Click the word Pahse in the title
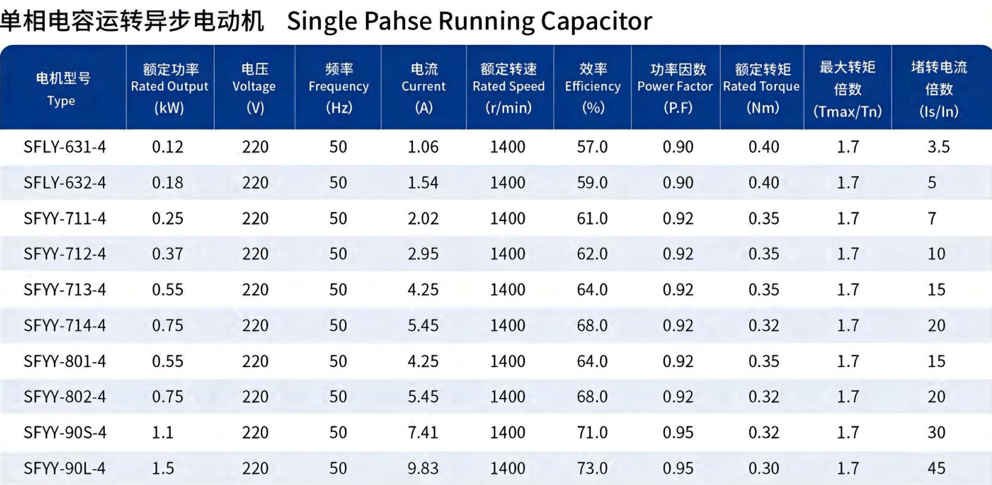tap(398, 21)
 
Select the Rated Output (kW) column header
tap(170, 88)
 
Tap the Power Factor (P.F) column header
tap(675, 88)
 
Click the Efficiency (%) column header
tap(592, 88)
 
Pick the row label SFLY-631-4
tap(65, 147)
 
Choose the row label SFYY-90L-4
tap(65, 468)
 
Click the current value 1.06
tap(423, 147)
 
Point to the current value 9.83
tap(423, 468)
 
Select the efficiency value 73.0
tap(592, 468)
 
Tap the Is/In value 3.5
tap(939, 147)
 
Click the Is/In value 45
tap(937, 468)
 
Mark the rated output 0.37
tap(167, 254)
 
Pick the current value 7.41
tap(423, 432)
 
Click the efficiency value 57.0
tap(592, 147)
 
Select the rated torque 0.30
tap(764, 468)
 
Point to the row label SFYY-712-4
tap(65, 254)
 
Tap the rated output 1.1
tap(162, 432)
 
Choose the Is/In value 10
tap(937, 254)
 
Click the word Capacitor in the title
tap(596, 21)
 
